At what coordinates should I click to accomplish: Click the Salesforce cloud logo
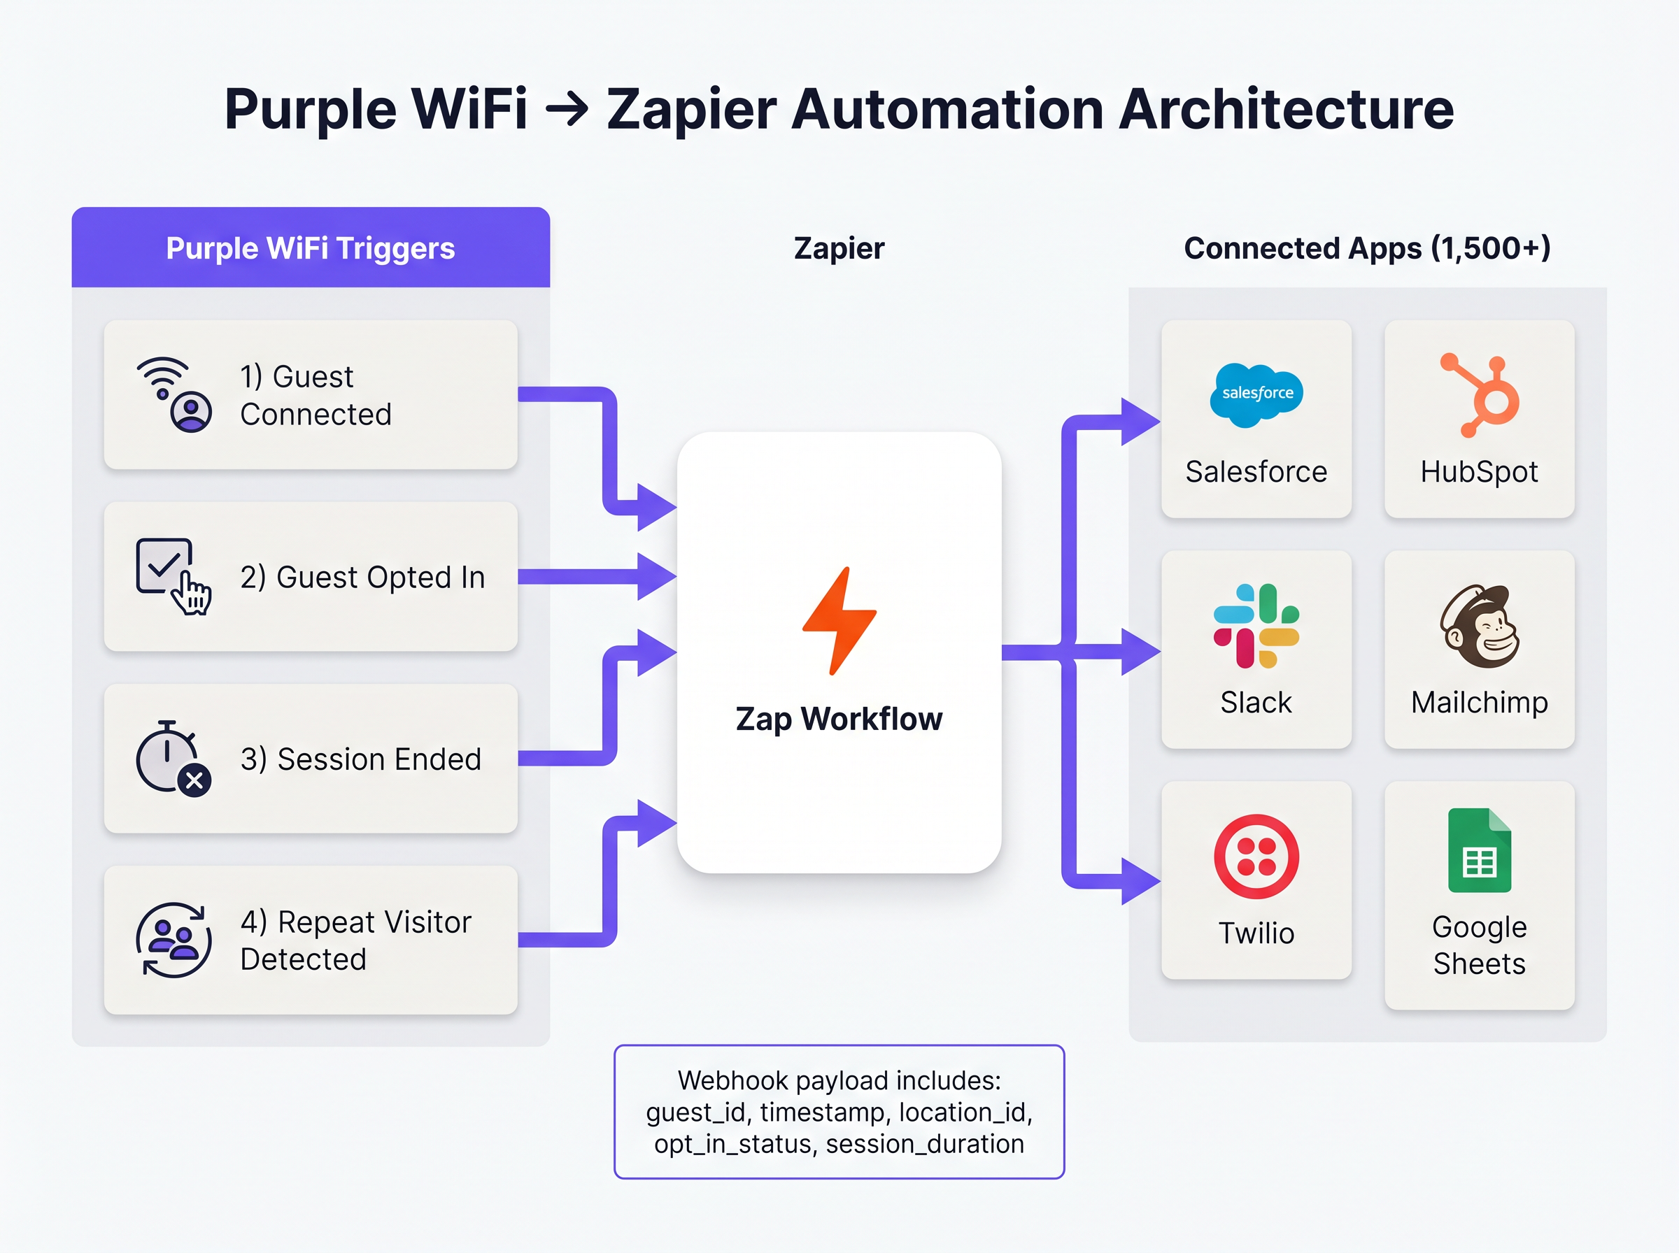1256,394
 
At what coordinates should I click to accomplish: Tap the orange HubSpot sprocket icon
1480,395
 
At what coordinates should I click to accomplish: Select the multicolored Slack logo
1256,626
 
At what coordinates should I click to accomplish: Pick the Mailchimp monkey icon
1480,626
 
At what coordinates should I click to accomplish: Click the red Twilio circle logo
1256,857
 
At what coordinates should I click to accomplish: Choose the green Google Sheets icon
1480,850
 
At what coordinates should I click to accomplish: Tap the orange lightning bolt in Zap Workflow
839,620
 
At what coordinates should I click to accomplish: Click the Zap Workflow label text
839,719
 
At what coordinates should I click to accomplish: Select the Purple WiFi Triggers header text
311,249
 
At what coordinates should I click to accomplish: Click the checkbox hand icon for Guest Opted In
173,576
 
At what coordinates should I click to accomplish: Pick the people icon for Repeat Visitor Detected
173,940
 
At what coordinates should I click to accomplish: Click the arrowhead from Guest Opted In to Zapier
656,576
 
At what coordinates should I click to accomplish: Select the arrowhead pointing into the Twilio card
1140,881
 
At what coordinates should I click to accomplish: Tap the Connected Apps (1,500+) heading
1367,249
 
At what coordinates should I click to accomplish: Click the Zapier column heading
839,249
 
